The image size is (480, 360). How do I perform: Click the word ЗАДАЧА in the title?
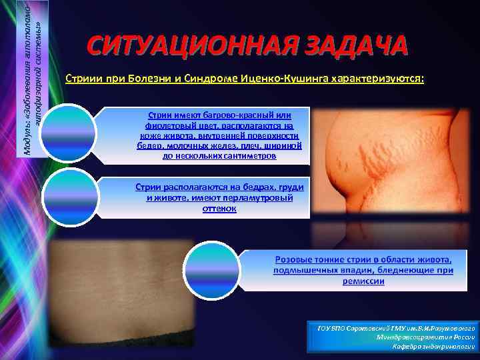pos(349,47)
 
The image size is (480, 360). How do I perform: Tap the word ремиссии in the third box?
pos(363,281)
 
